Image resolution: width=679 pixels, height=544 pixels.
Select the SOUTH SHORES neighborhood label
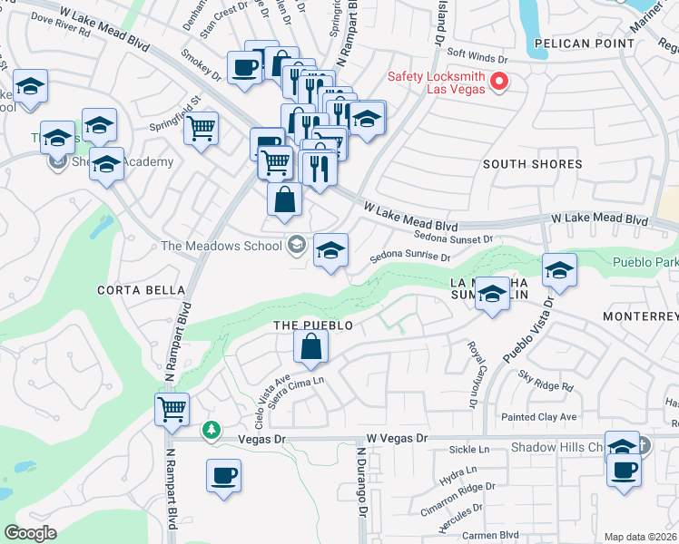pyautogui.click(x=532, y=164)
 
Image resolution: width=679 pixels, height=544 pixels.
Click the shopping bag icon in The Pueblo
pyautogui.click(x=310, y=346)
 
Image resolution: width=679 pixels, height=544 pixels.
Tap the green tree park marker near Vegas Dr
pyautogui.click(x=212, y=429)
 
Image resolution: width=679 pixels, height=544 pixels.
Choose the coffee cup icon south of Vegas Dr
pyautogui.click(x=223, y=475)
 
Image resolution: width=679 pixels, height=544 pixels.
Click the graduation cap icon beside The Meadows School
pyautogui.click(x=330, y=250)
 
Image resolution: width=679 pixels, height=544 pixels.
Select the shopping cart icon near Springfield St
pyautogui.click(x=202, y=128)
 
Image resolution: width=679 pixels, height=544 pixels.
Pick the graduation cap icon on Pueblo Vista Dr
pyautogui.click(x=559, y=270)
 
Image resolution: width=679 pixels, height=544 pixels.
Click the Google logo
pyautogui.click(x=30, y=533)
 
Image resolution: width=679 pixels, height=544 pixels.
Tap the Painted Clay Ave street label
pyautogui.click(x=539, y=417)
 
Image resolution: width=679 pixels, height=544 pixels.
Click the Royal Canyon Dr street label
pyautogui.click(x=473, y=373)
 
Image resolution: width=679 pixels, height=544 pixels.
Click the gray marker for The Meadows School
pyautogui.click(x=296, y=245)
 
